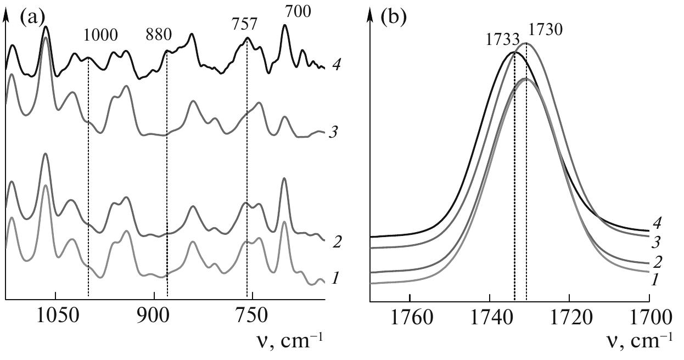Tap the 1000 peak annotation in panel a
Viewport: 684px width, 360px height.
click(100, 36)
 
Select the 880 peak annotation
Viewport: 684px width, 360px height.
click(159, 36)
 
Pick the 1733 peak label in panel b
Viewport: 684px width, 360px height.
click(502, 40)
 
